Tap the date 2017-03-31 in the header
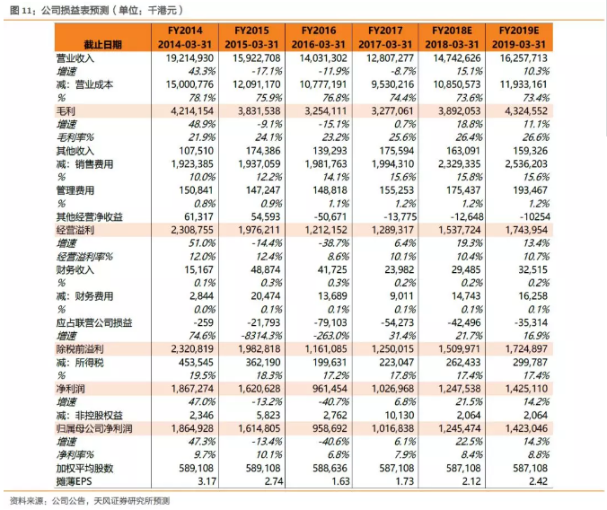pyautogui.click(x=386, y=43)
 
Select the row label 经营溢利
pyautogui.click(x=73, y=230)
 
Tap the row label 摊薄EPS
pyautogui.click(x=74, y=480)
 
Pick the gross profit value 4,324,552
pyautogui.click(x=522, y=110)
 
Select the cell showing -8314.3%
pyautogui.click(x=256, y=334)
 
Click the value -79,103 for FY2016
pyautogui.click(x=326, y=321)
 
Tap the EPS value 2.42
pyautogui.click(x=537, y=480)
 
